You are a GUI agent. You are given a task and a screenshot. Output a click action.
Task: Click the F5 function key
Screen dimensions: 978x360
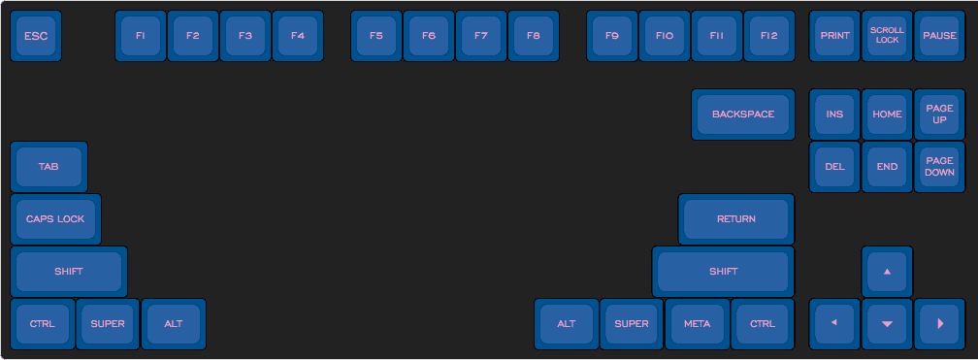(375, 36)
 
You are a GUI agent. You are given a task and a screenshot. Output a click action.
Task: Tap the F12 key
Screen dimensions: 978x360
(769, 36)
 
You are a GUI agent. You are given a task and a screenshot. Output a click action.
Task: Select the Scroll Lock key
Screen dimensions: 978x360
(887, 36)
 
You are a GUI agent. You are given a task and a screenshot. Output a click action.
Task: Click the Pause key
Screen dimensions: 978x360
(939, 36)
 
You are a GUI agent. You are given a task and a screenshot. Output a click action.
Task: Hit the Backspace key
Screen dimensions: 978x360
(743, 115)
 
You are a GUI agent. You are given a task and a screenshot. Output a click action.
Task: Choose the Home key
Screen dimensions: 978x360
(887, 115)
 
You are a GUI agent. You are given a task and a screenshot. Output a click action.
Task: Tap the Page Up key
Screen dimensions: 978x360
(939, 115)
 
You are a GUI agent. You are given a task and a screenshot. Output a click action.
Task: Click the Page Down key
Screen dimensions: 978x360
(939, 167)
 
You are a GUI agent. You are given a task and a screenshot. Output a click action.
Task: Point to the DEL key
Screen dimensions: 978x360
(834, 167)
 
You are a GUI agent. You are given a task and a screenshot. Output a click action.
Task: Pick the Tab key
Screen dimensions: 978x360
(49, 167)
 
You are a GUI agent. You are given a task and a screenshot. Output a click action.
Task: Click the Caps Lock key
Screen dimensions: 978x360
(55, 219)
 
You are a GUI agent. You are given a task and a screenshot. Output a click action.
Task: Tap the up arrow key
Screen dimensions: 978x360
(887, 272)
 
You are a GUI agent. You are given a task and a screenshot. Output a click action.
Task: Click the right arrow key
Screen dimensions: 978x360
(939, 324)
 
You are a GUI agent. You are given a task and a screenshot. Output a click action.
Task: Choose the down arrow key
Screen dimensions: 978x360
(887, 324)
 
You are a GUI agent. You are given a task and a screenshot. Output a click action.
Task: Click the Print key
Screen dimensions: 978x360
(834, 36)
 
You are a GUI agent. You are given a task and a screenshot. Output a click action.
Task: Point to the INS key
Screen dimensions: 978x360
(834, 115)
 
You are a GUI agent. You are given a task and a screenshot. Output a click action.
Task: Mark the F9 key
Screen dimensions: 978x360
(612, 36)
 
